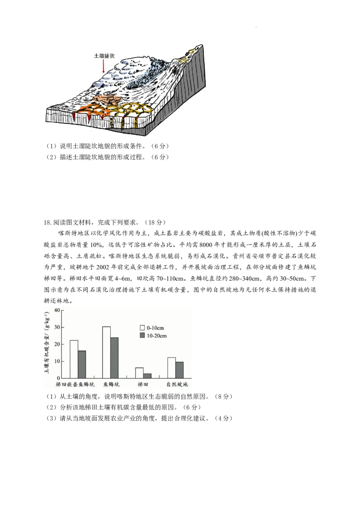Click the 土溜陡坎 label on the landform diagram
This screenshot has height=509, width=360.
pos(104,56)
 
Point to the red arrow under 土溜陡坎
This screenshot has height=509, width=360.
pos(103,67)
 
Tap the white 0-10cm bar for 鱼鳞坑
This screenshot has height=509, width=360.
pos(106,352)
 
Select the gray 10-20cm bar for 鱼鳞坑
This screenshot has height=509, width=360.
pos(114,357)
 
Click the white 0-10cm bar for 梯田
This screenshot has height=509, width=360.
pos(139,373)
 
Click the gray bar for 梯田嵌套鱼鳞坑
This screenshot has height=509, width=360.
pos(82,364)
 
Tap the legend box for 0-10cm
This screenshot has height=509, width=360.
pos(142,328)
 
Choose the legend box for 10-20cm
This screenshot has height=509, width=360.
pos(142,335)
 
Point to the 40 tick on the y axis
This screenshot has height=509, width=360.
pos(57,310)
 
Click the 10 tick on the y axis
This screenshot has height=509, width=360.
pos(57,361)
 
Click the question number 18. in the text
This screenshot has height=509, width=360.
pos(48,223)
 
